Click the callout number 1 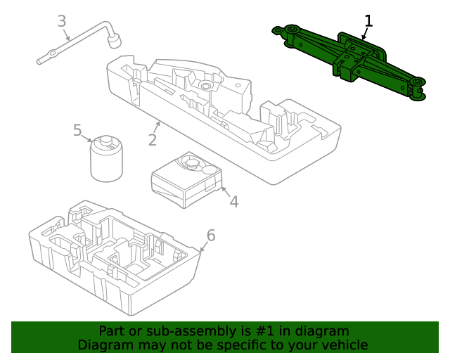click(x=368, y=21)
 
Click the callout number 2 click(x=153, y=139)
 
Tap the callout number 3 click(x=62, y=21)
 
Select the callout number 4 click(x=233, y=201)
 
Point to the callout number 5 click(x=77, y=130)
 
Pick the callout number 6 click(x=210, y=235)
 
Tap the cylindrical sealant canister click(x=107, y=160)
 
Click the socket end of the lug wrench click(x=113, y=41)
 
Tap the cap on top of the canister click(x=107, y=142)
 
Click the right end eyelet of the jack click(x=418, y=89)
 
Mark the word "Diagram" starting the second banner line click(x=105, y=345)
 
